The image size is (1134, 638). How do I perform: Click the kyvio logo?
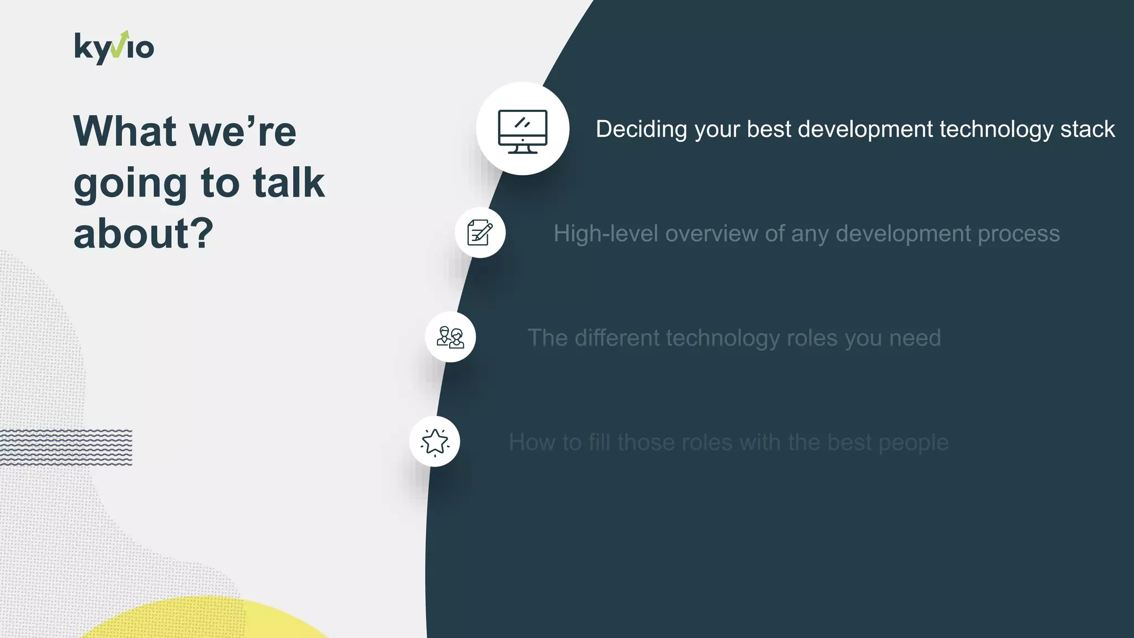click(x=114, y=48)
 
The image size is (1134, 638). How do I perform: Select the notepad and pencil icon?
click(x=480, y=233)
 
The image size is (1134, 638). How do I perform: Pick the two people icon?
click(x=450, y=337)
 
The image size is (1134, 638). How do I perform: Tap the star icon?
click(x=435, y=442)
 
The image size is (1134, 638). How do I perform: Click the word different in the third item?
click(x=616, y=338)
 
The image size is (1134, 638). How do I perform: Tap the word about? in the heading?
click(x=143, y=234)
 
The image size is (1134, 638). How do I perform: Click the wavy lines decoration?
click(x=66, y=447)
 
